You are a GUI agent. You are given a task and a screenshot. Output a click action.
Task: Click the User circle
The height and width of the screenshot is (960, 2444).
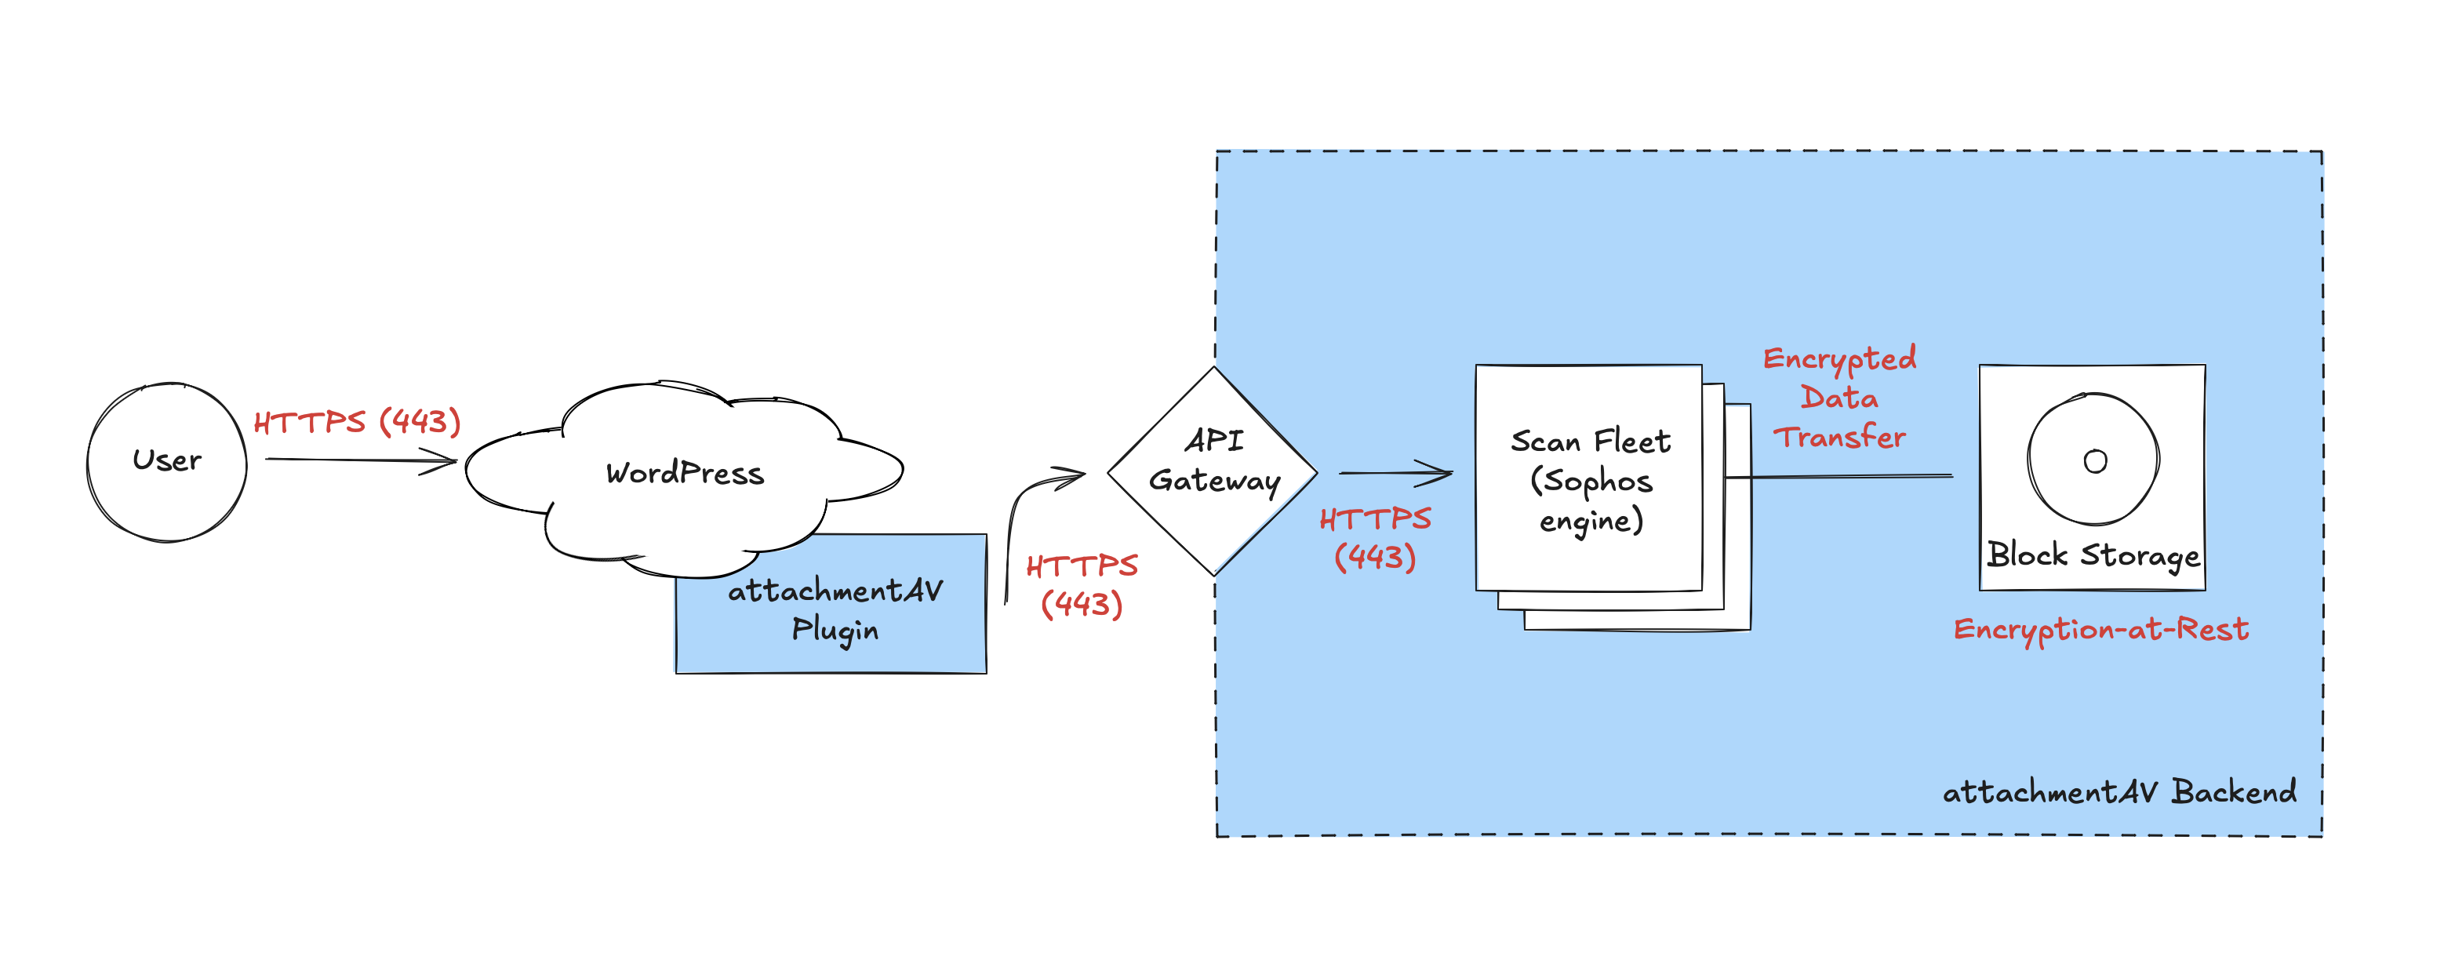(x=166, y=462)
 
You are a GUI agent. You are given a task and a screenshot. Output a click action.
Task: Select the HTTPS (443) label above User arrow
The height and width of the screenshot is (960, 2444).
(x=357, y=421)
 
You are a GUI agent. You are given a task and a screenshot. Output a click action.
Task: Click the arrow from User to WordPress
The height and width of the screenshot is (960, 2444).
(x=361, y=461)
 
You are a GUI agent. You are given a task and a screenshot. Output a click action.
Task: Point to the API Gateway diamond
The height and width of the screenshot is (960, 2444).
(x=1213, y=531)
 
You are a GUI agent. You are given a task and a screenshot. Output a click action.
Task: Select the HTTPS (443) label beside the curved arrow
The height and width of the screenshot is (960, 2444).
(x=1082, y=585)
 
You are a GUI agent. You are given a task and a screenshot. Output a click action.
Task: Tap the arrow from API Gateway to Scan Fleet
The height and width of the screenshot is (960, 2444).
(x=1395, y=471)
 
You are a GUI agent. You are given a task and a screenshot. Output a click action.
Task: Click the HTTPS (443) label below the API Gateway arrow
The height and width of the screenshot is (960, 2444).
(x=1375, y=538)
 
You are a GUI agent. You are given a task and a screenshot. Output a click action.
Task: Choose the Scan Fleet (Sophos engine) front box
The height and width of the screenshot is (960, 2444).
(x=1589, y=560)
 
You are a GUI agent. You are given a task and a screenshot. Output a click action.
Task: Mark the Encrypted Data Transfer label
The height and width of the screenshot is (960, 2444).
(x=1838, y=398)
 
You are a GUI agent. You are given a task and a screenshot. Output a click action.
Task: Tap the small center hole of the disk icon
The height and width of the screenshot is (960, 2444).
(x=2095, y=462)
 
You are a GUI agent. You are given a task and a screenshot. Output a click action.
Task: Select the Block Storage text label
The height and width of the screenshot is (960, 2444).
(x=2093, y=555)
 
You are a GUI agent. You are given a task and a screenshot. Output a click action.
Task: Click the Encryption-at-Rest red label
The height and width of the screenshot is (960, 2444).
(x=2100, y=630)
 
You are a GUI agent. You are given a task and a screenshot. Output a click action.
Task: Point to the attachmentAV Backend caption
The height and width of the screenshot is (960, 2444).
(x=2119, y=792)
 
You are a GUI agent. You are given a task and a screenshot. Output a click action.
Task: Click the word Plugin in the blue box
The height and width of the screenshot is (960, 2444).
(x=835, y=630)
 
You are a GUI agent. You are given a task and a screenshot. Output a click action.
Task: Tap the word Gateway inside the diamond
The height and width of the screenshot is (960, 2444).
(x=1214, y=482)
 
